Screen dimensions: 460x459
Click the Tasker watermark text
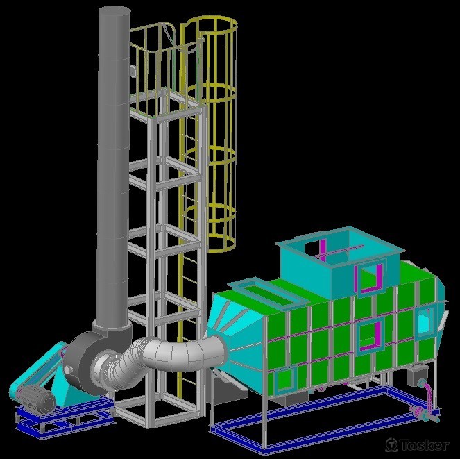424,445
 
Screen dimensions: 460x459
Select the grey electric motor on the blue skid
37,398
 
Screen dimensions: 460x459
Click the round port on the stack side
133,71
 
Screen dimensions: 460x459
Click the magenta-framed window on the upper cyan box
370,278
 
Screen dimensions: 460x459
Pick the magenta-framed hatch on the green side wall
370,335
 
